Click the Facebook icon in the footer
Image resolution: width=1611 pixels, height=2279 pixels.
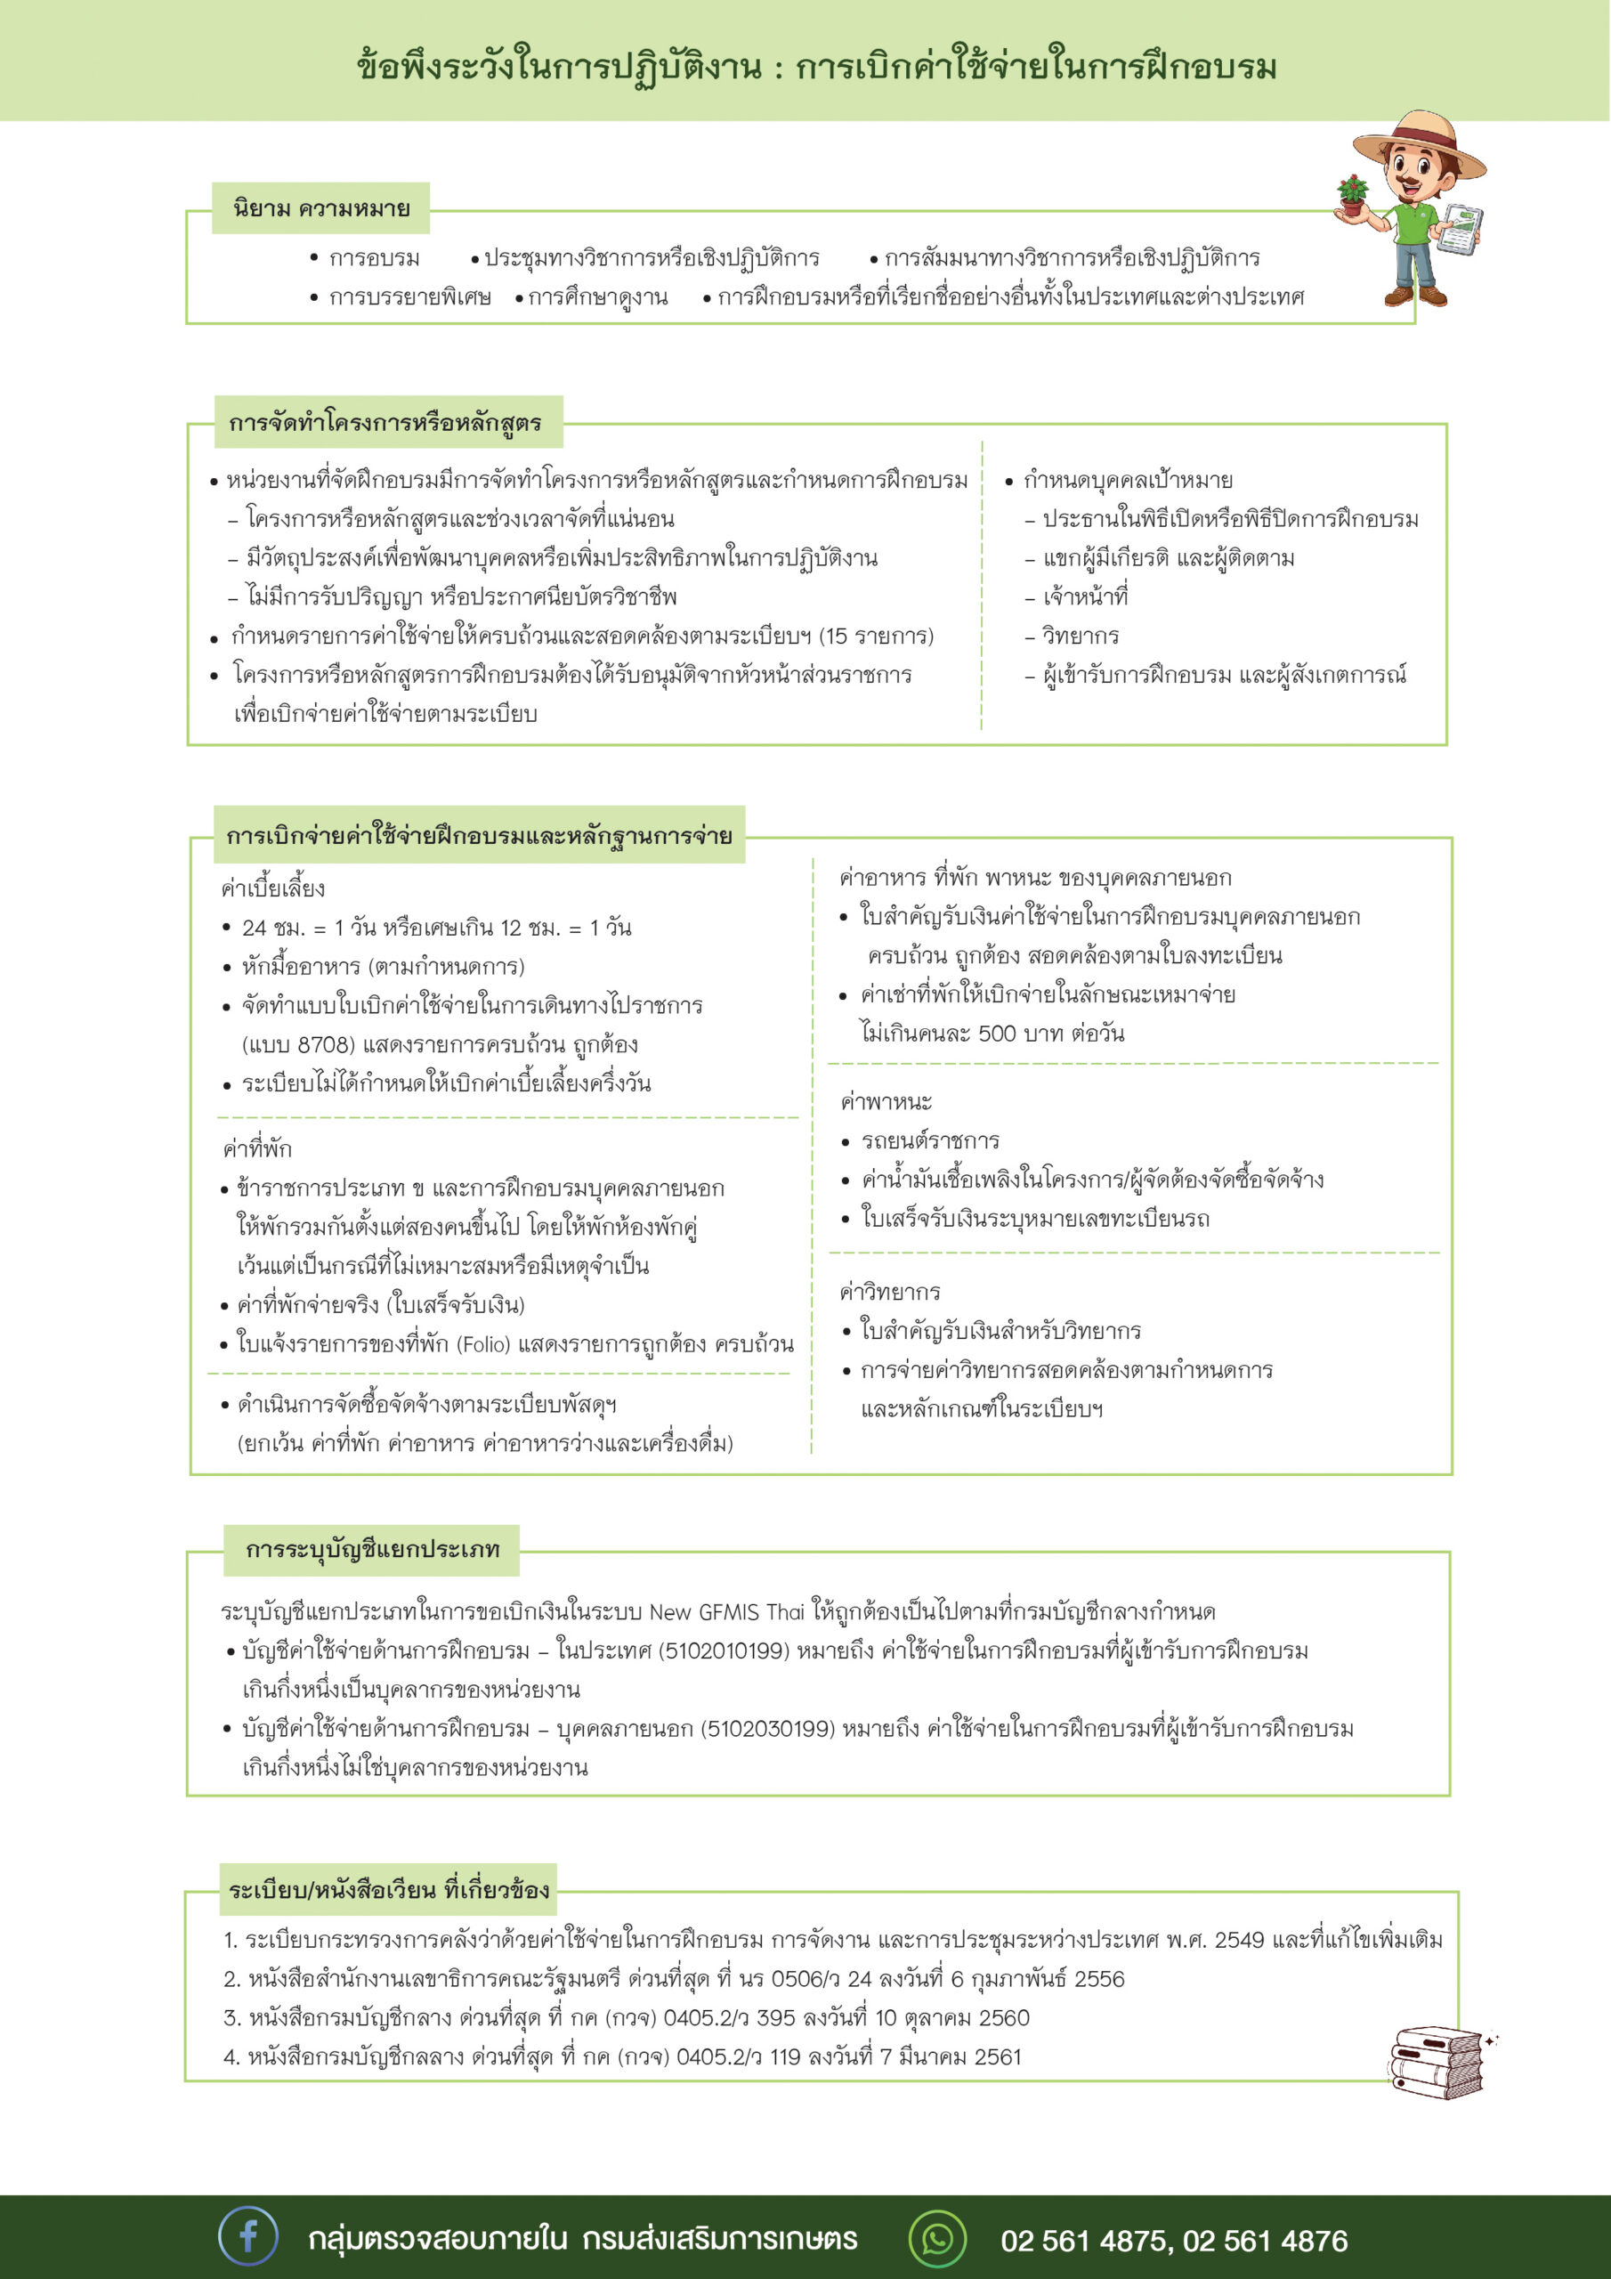[247, 2237]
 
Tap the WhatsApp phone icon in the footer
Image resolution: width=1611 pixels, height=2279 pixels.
[936, 2238]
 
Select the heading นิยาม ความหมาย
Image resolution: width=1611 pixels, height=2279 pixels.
[320, 208]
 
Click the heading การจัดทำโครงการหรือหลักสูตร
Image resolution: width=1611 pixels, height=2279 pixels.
[385, 423]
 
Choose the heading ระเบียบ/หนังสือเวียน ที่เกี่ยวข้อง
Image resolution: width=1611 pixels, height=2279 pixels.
[388, 1890]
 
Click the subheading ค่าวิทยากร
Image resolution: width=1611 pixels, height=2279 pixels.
[889, 1292]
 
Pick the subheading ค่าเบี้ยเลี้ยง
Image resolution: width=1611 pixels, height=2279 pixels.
[273, 888]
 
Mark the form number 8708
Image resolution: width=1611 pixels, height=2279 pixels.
[325, 1044]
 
